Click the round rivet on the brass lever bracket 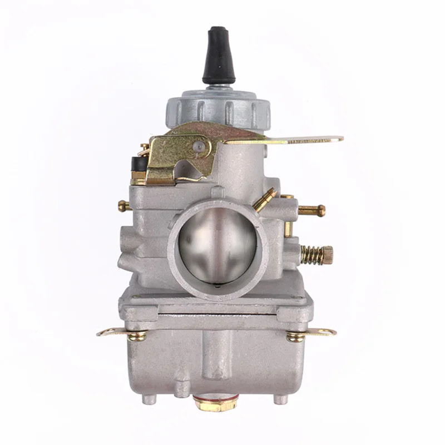[198, 147]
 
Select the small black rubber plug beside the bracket [136, 164]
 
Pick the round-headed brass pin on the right [313, 210]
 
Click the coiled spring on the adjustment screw [311, 254]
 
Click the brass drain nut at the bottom [216, 404]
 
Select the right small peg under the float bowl [280, 399]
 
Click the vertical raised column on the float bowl [211, 356]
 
